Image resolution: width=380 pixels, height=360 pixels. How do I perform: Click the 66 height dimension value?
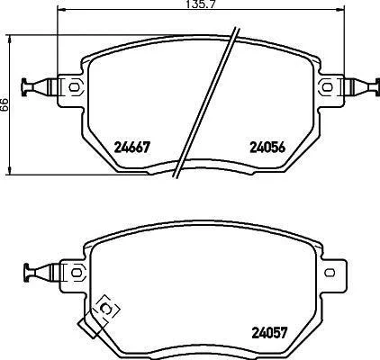[5, 105]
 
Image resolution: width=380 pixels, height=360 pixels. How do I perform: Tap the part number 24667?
[132, 148]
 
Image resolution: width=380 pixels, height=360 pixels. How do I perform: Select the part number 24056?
[267, 148]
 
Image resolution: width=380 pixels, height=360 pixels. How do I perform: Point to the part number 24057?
[270, 332]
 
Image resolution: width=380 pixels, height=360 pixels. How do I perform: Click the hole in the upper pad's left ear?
[74, 87]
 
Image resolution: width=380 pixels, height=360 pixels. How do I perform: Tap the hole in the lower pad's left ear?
[76, 273]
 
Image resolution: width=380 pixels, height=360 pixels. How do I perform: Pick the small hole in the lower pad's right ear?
[330, 273]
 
